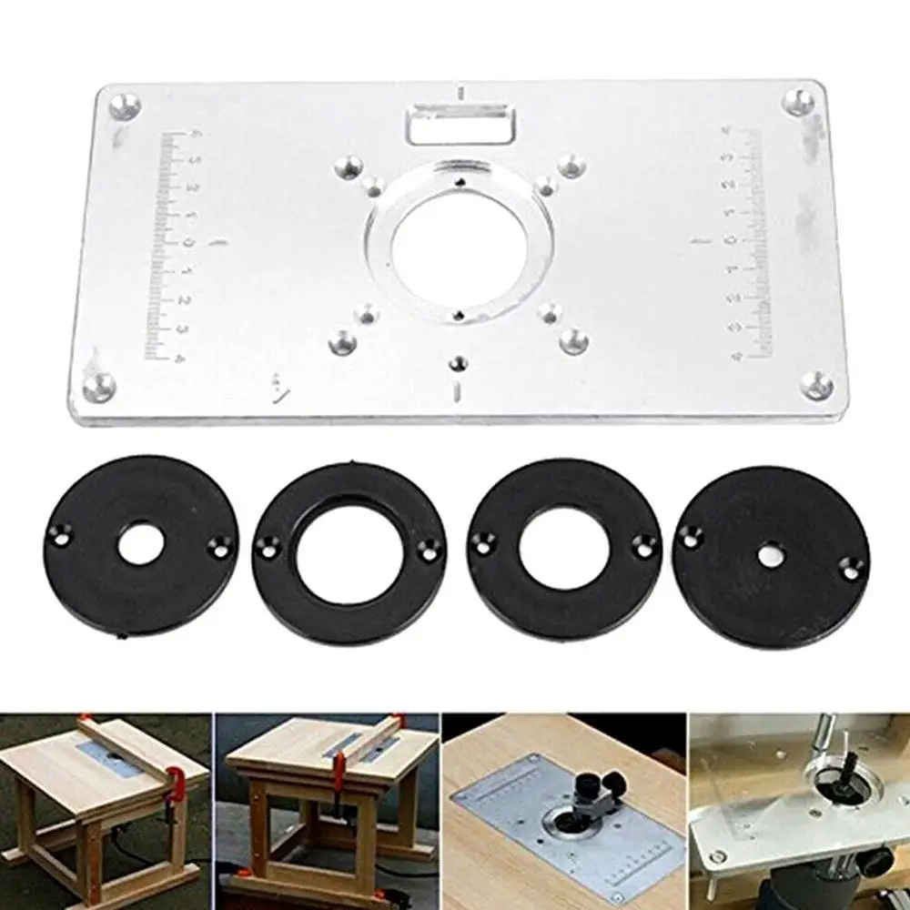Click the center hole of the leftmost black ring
(144, 542)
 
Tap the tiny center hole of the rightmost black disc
(767, 551)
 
